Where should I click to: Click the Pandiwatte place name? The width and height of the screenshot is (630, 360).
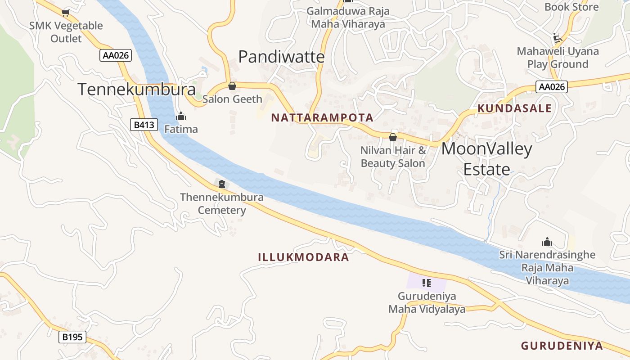281,57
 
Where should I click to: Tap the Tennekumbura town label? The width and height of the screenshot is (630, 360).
137,89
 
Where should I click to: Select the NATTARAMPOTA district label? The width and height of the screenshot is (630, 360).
322,118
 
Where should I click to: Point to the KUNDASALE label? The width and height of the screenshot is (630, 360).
514,108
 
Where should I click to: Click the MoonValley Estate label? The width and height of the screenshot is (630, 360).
487,159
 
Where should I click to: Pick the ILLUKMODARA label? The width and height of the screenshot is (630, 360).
304,257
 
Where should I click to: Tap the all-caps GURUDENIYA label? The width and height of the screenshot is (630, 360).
562,346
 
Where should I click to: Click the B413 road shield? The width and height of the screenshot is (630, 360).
144,125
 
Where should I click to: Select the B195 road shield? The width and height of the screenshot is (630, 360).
72,337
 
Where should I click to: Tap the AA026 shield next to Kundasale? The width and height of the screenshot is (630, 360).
551,87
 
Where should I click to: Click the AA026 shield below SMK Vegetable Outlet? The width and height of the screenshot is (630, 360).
116,55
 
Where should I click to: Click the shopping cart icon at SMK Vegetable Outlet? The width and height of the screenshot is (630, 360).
66,13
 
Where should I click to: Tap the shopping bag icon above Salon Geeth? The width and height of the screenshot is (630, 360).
232,86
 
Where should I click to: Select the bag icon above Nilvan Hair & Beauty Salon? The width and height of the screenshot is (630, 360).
393,137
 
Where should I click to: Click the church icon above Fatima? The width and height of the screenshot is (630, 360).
181,117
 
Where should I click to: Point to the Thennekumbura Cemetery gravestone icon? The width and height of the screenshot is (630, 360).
221,184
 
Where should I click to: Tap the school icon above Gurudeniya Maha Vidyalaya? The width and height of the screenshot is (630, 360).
427,283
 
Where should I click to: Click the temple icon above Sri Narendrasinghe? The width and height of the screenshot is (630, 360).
547,242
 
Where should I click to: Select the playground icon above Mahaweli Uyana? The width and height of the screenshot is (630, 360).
558,37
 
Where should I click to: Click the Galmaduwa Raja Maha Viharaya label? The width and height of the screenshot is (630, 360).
348,18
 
